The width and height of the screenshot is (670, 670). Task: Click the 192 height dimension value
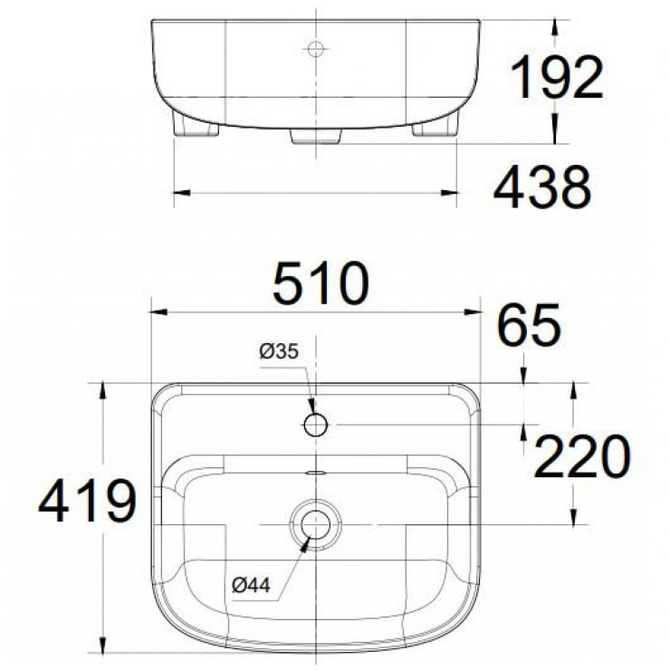pos(557,78)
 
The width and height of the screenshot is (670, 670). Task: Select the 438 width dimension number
pos(542,188)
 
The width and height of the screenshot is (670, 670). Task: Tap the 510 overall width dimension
pos(322,283)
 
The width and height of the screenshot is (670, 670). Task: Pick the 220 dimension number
pos(580,457)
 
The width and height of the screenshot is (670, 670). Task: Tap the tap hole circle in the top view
pos(315,425)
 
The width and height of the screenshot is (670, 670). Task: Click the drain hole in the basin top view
pos(315,524)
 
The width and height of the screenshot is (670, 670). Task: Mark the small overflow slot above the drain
pos(315,473)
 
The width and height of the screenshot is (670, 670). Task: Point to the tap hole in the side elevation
pos(315,48)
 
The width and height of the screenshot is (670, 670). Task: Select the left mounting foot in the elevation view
pos(196,127)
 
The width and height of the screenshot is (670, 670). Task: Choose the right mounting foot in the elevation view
pos(436,127)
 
